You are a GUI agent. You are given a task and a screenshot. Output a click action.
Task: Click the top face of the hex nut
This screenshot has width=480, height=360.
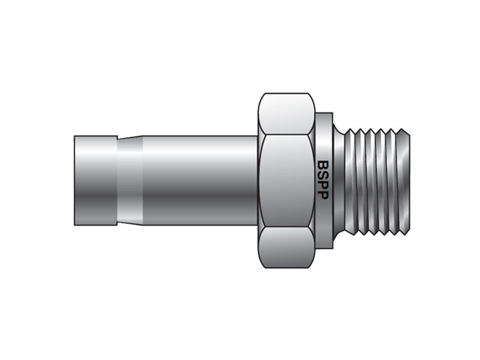(x=286, y=114)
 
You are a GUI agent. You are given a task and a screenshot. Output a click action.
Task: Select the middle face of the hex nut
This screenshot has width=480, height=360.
(x=286, y=180)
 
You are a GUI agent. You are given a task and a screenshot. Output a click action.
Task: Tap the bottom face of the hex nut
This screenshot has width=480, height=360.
(x=286, y=247)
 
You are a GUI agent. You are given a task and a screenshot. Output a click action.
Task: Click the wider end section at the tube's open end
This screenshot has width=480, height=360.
(x=96, y=181)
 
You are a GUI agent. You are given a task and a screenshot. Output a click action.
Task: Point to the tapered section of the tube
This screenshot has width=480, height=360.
(x=130, y=181)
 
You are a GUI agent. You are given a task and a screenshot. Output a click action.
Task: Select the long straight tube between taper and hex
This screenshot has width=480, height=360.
(x=200, y=181)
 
